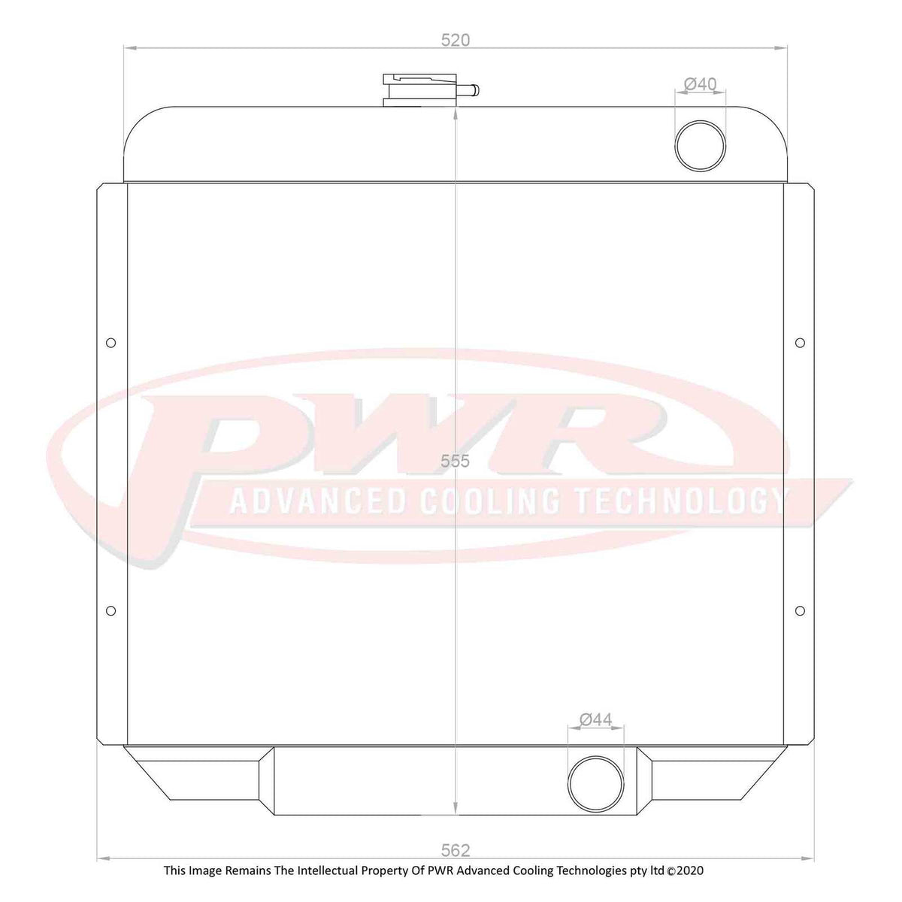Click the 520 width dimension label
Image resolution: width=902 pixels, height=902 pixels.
[456, 41]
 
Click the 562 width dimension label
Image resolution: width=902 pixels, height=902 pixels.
[456, 850]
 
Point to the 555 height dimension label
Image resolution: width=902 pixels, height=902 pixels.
[456, 462]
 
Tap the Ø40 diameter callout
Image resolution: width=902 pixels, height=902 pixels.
[701, 84]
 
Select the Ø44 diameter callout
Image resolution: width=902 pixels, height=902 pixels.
[596, 720]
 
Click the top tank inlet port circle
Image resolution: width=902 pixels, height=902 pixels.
[701, 144]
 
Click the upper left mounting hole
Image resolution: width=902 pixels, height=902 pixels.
[110, 344]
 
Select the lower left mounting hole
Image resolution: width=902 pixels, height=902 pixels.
[110, 610]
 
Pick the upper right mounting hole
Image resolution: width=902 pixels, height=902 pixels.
[800, 344]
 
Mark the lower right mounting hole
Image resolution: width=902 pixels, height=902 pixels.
[800, 610]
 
